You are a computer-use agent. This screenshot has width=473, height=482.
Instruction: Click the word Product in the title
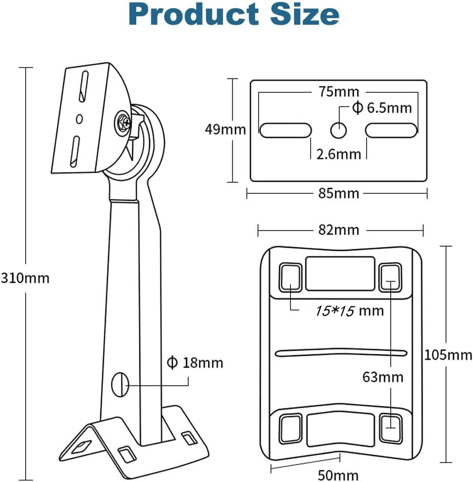click(x=193, y=15)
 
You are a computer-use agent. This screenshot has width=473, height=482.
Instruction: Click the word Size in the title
click(x=305, y=15)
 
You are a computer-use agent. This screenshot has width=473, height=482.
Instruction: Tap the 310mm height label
click(x=25, y=278)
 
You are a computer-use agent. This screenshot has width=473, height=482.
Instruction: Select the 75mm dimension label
click(x=339, y=92)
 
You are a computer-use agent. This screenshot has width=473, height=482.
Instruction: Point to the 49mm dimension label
click(x=226, y=129)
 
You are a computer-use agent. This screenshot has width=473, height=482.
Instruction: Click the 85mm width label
click(x=339, y=193)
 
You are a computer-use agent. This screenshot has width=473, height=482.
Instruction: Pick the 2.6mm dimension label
click(x=339, y=154)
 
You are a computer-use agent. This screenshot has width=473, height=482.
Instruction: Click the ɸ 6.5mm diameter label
click(x=382, y=108)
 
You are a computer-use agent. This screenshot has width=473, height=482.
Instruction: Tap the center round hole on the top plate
click(x=339, y=130)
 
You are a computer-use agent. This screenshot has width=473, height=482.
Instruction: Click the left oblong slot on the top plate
click(x=285, y=130)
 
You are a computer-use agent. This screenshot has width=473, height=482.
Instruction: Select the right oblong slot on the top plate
click(x=391, y=130)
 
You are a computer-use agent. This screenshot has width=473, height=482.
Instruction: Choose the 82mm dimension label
click(x=339, y=230)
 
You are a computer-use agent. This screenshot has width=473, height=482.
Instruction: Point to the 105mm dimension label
click(x=448, y=355)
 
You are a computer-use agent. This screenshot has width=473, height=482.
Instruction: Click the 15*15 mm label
click(x=350, y=311)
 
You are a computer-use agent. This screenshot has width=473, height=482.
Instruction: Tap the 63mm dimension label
click(x=383, y=377)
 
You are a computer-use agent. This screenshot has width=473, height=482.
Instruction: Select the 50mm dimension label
click(x=338, y=475)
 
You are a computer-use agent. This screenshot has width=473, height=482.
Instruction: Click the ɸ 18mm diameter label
click(x=195, y=363)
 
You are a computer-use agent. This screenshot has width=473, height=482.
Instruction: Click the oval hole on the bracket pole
click(x=120, y=385)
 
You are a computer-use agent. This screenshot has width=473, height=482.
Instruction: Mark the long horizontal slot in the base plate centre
click(x=341, y=353)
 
